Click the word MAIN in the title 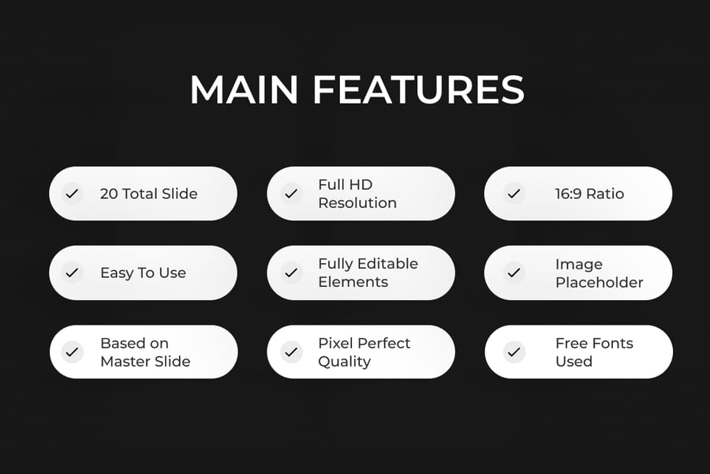[x=244, y=89]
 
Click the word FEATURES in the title [x=418, y=89]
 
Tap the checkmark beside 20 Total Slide [x=72, y=194]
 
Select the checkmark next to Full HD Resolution [x=291, y=194]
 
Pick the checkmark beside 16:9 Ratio [x=514, y=194]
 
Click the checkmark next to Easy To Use [x=72, y=273]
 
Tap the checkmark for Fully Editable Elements [x=291, y=273]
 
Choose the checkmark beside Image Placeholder [x=514, y=273]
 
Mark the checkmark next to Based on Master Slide [x=72, y=352]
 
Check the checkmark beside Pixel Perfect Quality [x=291, y=352]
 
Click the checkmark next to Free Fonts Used [x=514, y=352]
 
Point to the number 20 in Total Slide [x=109, y=194]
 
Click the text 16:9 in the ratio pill [x=568, y=194]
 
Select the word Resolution [x=357, y=203]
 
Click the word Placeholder [x=599, y=283]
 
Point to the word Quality [x=345, y=362]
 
